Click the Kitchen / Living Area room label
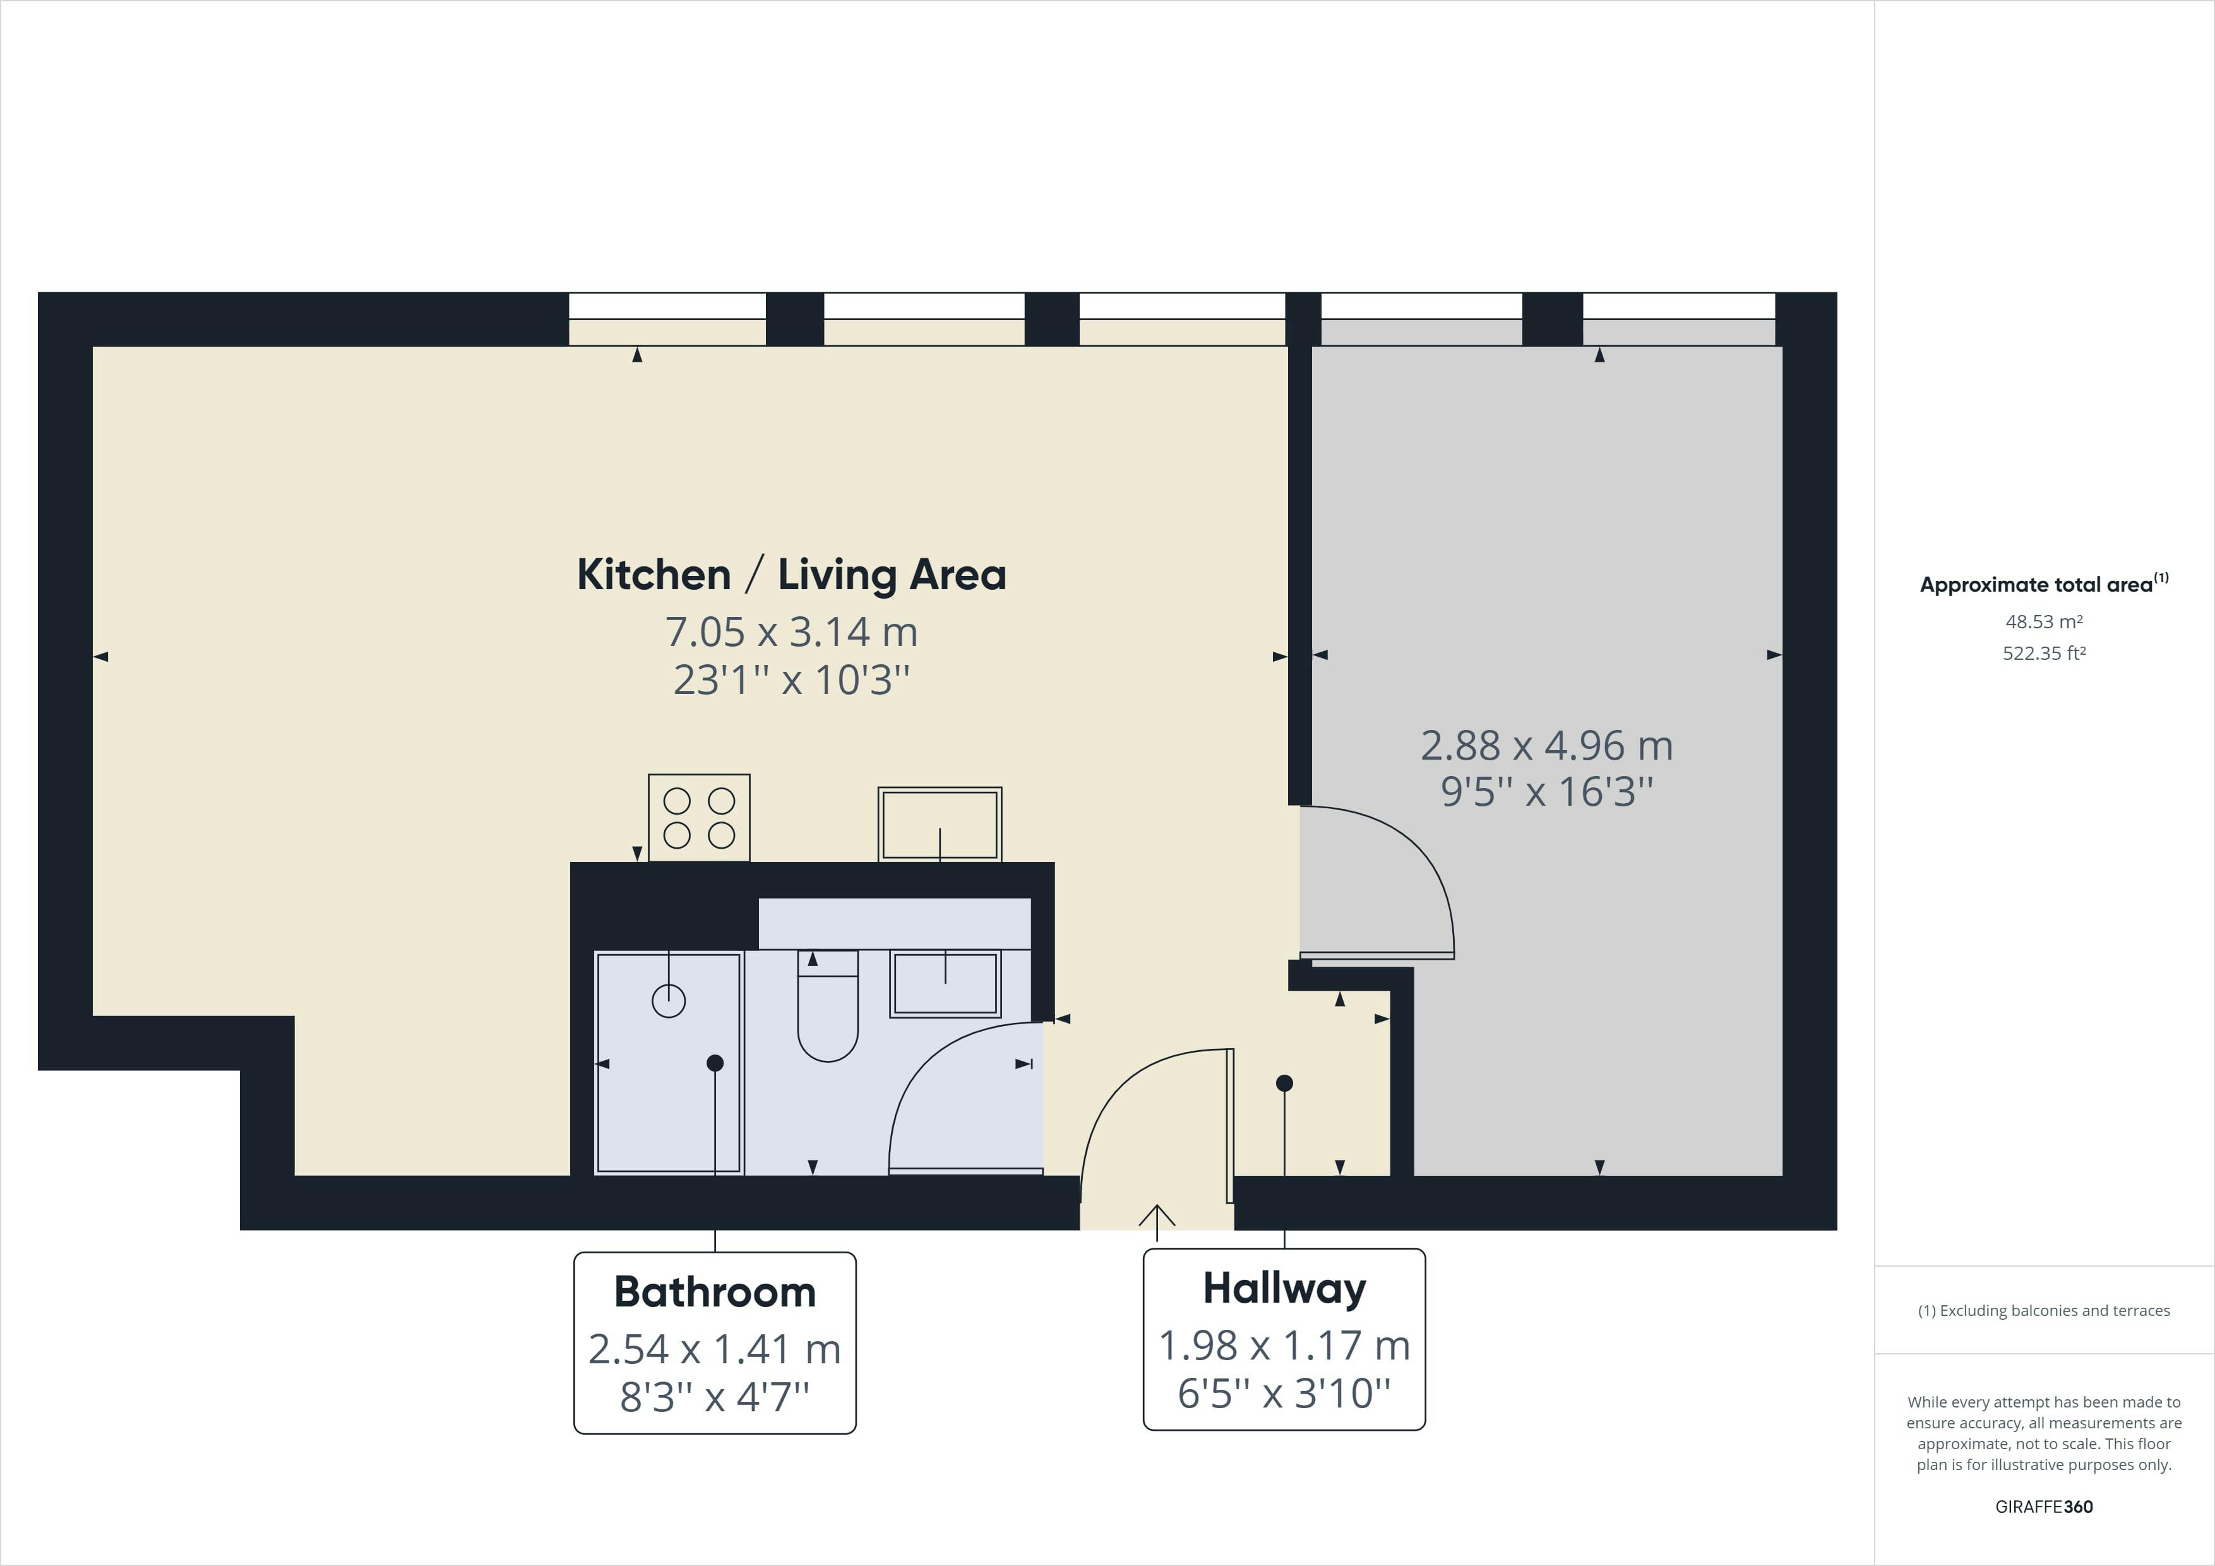coord(791,575)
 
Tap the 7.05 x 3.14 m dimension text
coord(791,632)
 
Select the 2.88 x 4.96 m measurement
coord(1546,745)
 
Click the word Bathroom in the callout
coord(715,1292)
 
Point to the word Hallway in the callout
coord(1284,1288)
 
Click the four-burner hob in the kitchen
coord(698,817)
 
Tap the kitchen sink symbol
coord(940,824)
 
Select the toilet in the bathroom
coord(828,1008)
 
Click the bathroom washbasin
coord(945,983)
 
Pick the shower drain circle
coord(669,1001)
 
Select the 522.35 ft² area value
coord(2043,653)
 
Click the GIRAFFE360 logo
coord(2043,1506)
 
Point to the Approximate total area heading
coord(2043,583)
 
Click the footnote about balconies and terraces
coord(2043,1310)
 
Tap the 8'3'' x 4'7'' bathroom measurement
coord(715,1396)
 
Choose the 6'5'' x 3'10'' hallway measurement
coord(1284,1392)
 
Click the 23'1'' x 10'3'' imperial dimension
coord(791,680)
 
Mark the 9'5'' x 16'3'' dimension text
coord(1546,792)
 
